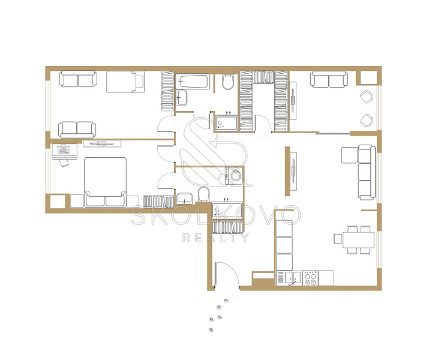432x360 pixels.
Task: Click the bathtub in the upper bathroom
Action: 193,82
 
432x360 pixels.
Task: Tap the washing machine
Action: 233,175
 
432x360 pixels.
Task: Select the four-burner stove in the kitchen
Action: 310,278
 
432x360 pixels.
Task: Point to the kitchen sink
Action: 293,278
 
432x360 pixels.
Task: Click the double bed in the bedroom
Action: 105,182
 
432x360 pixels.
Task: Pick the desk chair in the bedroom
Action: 64,163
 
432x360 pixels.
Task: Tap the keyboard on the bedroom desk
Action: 63,151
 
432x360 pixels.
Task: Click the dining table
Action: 358,240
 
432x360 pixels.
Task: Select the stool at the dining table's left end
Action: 338,239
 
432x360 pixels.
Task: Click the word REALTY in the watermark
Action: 215,238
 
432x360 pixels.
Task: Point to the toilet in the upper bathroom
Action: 228,82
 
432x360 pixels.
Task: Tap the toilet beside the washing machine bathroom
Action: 203,194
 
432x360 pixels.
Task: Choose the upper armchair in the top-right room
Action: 367,97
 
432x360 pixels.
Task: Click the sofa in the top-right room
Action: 329,79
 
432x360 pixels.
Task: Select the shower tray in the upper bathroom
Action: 226,123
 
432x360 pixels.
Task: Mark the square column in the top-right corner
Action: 368,77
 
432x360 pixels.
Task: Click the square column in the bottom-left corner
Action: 58,202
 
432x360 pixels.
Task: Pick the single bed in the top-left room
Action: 125,82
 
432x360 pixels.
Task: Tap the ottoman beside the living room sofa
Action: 349,155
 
